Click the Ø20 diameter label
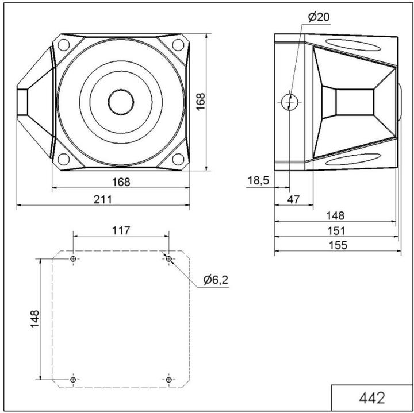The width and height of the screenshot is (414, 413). [319, 17]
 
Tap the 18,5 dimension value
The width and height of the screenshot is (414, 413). [258, 181]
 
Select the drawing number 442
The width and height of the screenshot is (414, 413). [371, 398]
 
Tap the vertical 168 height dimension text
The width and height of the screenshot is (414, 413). [200, 102]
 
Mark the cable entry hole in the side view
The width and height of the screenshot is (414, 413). [290, 102]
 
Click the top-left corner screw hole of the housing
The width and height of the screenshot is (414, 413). [64, 45]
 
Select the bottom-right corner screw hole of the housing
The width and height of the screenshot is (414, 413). [178, 159]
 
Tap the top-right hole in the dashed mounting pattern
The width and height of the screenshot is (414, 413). [168, 259]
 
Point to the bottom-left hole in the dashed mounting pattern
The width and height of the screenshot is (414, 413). [73, 380]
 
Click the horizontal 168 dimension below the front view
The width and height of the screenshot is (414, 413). [121, 182]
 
